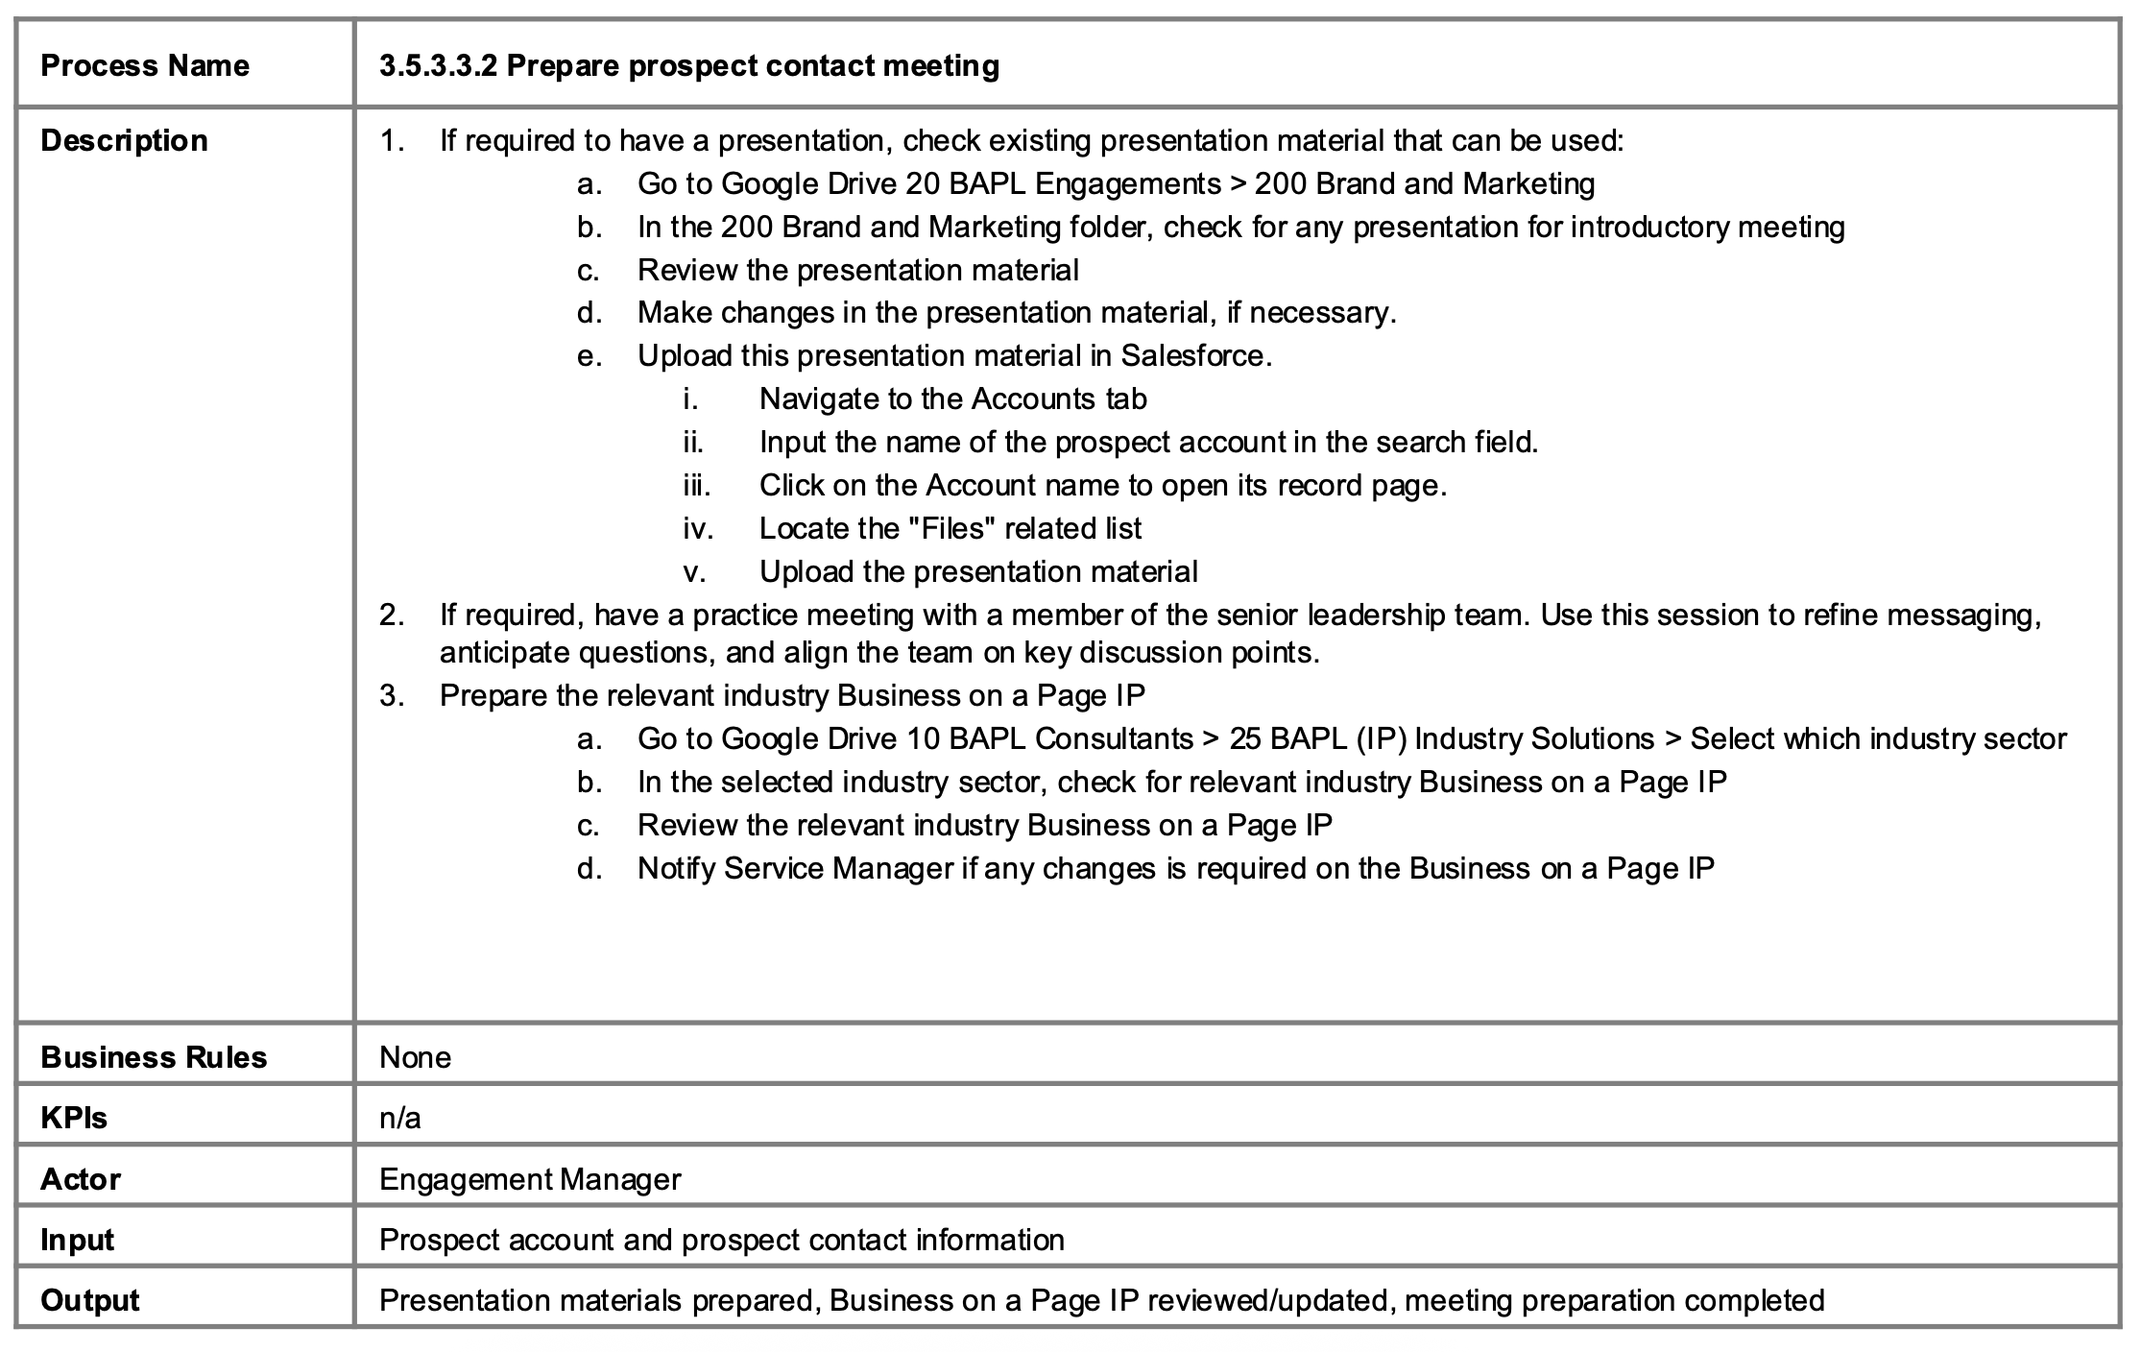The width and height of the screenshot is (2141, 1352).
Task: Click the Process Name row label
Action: pos(145,65)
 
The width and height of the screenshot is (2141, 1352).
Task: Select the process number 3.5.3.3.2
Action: pos(438,65)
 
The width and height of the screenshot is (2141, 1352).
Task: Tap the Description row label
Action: pos(124,140)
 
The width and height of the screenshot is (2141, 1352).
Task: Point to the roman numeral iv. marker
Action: pos(698,529)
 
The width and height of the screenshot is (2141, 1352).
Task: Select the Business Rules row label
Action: pos(154,1057)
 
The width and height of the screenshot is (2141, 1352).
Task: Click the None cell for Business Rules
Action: pos(416,1057)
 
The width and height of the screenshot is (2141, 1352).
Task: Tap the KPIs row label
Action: pos(74,1118)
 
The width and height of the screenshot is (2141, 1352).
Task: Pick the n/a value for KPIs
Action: pos(400,1118)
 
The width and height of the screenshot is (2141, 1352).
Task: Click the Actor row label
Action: pos(81,1179)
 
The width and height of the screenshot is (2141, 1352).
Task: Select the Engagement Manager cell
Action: pos(530,1179)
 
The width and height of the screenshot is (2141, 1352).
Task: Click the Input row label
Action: pos(77,1240)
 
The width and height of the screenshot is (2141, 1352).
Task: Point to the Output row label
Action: pos(90,1300)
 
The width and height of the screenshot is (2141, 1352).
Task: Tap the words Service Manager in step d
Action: pos(839,869)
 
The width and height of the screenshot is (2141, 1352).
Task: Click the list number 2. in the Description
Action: pos(391,615)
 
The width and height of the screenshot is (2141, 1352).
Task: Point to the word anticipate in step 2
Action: pos(504,653)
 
